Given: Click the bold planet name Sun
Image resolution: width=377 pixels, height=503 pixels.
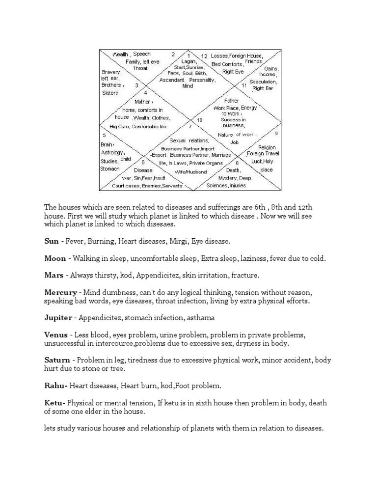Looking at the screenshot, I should pos(52,241).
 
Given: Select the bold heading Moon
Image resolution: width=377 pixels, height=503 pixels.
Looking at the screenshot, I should pos(55,258).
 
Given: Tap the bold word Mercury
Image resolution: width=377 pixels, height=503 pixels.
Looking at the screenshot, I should pos(60,292).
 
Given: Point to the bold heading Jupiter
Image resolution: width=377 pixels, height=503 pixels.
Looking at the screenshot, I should pos(58,318).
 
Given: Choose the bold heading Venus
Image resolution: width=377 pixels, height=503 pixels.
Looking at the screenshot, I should pos(56,335).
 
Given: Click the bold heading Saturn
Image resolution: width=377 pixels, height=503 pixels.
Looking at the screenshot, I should pos(57,360).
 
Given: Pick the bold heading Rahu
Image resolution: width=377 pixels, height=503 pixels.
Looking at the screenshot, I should pos(55,386).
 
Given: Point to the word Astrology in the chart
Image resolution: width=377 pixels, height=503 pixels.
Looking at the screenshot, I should pos(112,153).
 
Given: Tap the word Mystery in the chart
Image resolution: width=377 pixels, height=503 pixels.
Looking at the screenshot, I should pos(228,178).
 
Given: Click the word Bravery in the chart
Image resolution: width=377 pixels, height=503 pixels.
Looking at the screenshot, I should pos(111,72).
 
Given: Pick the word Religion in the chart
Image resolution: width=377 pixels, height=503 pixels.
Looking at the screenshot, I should pos(267,147).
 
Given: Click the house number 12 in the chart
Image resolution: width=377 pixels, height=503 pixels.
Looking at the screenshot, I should pos(204,56).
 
